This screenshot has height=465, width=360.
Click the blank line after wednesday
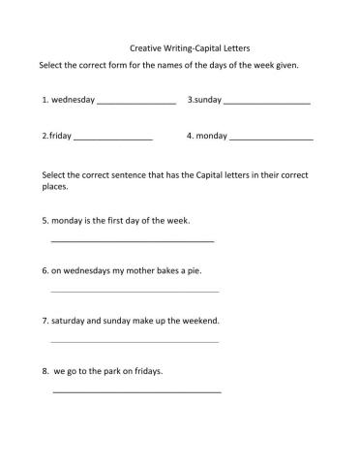(136, 102)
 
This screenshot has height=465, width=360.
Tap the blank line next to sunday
(266, 102)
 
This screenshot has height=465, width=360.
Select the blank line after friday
(113, 139)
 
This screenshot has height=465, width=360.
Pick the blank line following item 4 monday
(272, 139)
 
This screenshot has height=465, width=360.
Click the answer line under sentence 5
(132, 240)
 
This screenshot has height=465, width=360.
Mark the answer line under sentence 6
(135, 291)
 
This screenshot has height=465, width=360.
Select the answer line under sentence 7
(135, 341)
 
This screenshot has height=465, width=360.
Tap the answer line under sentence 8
(136, 391)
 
